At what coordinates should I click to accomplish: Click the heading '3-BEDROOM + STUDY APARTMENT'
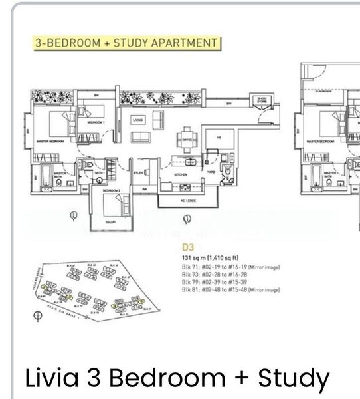pos(126,43)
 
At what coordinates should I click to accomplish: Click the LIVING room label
pos(138,120)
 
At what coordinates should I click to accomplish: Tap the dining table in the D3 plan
pos(187,140)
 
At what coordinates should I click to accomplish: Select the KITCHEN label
pos(181,174)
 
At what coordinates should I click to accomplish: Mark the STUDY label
pos(139,172)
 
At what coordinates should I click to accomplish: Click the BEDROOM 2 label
pos(112,190)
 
